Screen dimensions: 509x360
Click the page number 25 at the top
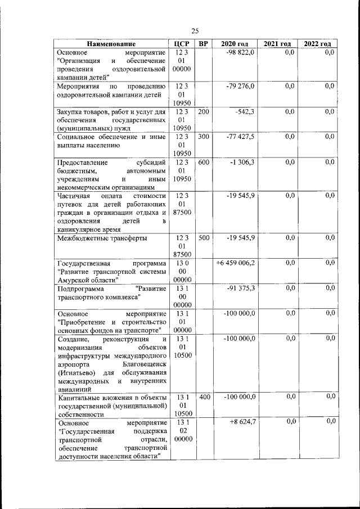click(x=195, y=31)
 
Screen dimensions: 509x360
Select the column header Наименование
click(x=111, y=44)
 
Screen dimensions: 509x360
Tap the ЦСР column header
click(x=181, y=44)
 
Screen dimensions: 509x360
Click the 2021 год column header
click(x=277, y=44)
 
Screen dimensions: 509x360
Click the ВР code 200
click(x=203, y=112)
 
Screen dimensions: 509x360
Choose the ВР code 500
click(x=203, y=238)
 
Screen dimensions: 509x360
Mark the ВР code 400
click(x=203, y=397)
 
